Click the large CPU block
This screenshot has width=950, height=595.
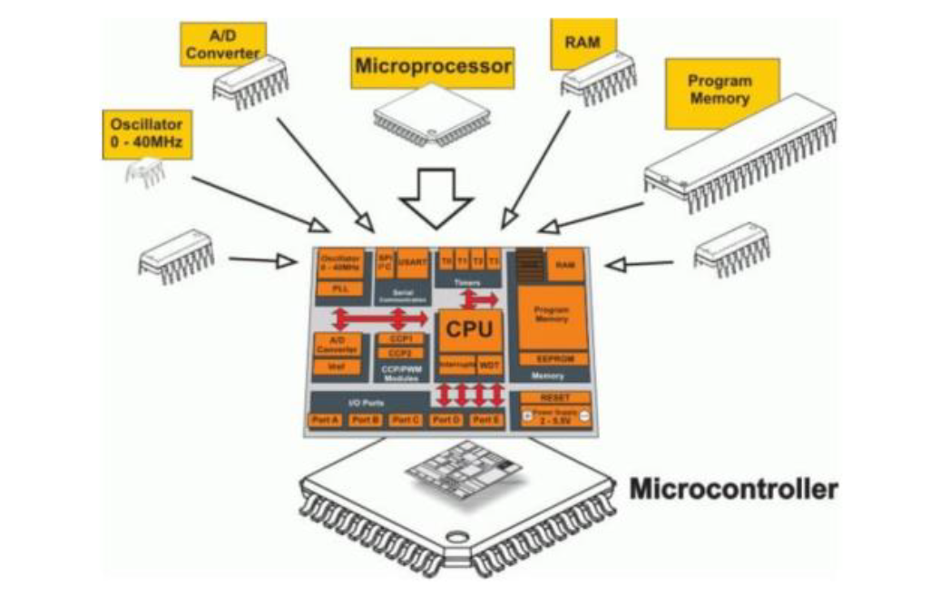pos(469,330)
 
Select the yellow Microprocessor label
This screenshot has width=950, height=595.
pos(434,65)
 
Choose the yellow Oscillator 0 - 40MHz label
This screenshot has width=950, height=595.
pos(147,132)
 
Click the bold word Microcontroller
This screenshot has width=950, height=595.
pos(733,490)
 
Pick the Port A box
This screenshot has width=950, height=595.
pos(324,420)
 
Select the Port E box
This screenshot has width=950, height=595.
pos(486,420)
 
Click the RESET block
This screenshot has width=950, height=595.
pos(553,398)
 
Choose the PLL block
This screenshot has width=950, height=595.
pos(340,288)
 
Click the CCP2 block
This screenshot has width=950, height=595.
pos(400,353)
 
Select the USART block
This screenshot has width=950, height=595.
pos(413,261)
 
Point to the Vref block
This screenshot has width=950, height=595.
pos(336,366)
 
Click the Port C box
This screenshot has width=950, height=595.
pos(406,420)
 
